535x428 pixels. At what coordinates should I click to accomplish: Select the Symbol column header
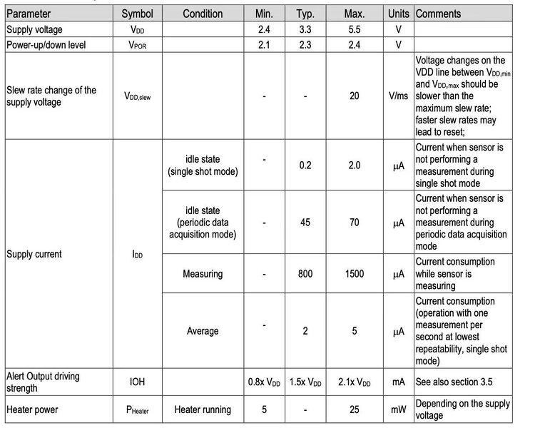pyautogui.click(x=137, y=14)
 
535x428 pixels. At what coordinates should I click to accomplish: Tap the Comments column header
pyautogui.click(x=438, y=14)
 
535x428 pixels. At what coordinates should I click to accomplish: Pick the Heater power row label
pyautogui.click(x=34, y=409)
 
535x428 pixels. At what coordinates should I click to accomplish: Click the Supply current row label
pyautogui.click(x=34, y=254)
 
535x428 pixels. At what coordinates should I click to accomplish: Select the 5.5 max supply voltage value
pyautogui.click(x=355, y=29)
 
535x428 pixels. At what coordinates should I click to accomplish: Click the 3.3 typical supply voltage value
pyautogui.click(x=305, y=29)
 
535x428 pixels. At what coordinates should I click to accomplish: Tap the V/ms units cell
pyautogui.click(x=399, y=96)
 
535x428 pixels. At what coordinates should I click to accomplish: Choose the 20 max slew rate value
pyautogui.click(x=355, y=96)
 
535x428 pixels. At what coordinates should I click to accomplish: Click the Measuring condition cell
pyautogui.click(x=203, y=274)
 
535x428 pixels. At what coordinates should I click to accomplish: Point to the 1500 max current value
pyautogui.click(x=355, y=274)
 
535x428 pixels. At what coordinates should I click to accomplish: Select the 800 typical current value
pyautogui.click(x=305, y=274)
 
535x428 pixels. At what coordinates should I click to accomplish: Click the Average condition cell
pyautogui.click(x=203, y=331)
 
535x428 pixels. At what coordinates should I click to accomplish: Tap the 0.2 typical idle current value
pyautogui.click(x=305, y=165)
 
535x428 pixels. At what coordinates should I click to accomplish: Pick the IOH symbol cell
pyautogui.click(x=137, y=382)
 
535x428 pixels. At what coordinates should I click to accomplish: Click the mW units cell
pyautogui.click(x=399, y=409)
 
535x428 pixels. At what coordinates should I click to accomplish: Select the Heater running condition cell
pyautogui.click(x=203, y=409)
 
